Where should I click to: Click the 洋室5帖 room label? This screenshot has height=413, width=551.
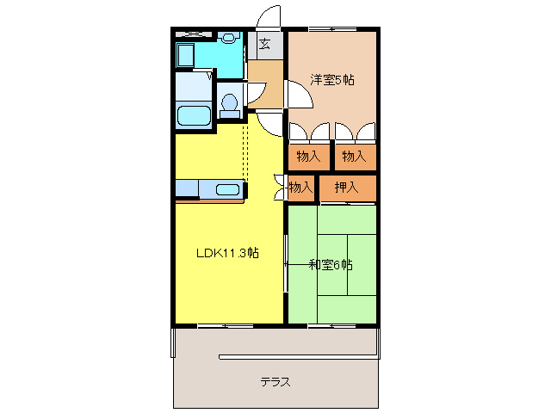point(331,80)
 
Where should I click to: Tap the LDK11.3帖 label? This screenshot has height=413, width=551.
point(228,253)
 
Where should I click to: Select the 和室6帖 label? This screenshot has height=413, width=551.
point(331,264)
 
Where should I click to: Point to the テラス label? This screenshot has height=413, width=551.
point(275,381)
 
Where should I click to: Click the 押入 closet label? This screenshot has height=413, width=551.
point(347,187)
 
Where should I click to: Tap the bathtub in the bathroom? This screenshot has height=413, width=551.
point(193,115)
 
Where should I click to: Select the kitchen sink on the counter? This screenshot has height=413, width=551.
point(228,189)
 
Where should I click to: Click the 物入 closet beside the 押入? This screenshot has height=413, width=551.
point(300,187)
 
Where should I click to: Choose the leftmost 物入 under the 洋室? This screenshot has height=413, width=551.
point(308,156)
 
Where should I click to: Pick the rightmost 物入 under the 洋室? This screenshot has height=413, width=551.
point(354,156)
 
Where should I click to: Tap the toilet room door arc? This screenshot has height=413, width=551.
point(255,93)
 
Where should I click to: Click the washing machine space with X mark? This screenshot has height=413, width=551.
point(194,34)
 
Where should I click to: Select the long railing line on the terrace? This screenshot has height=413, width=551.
point(297,356)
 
